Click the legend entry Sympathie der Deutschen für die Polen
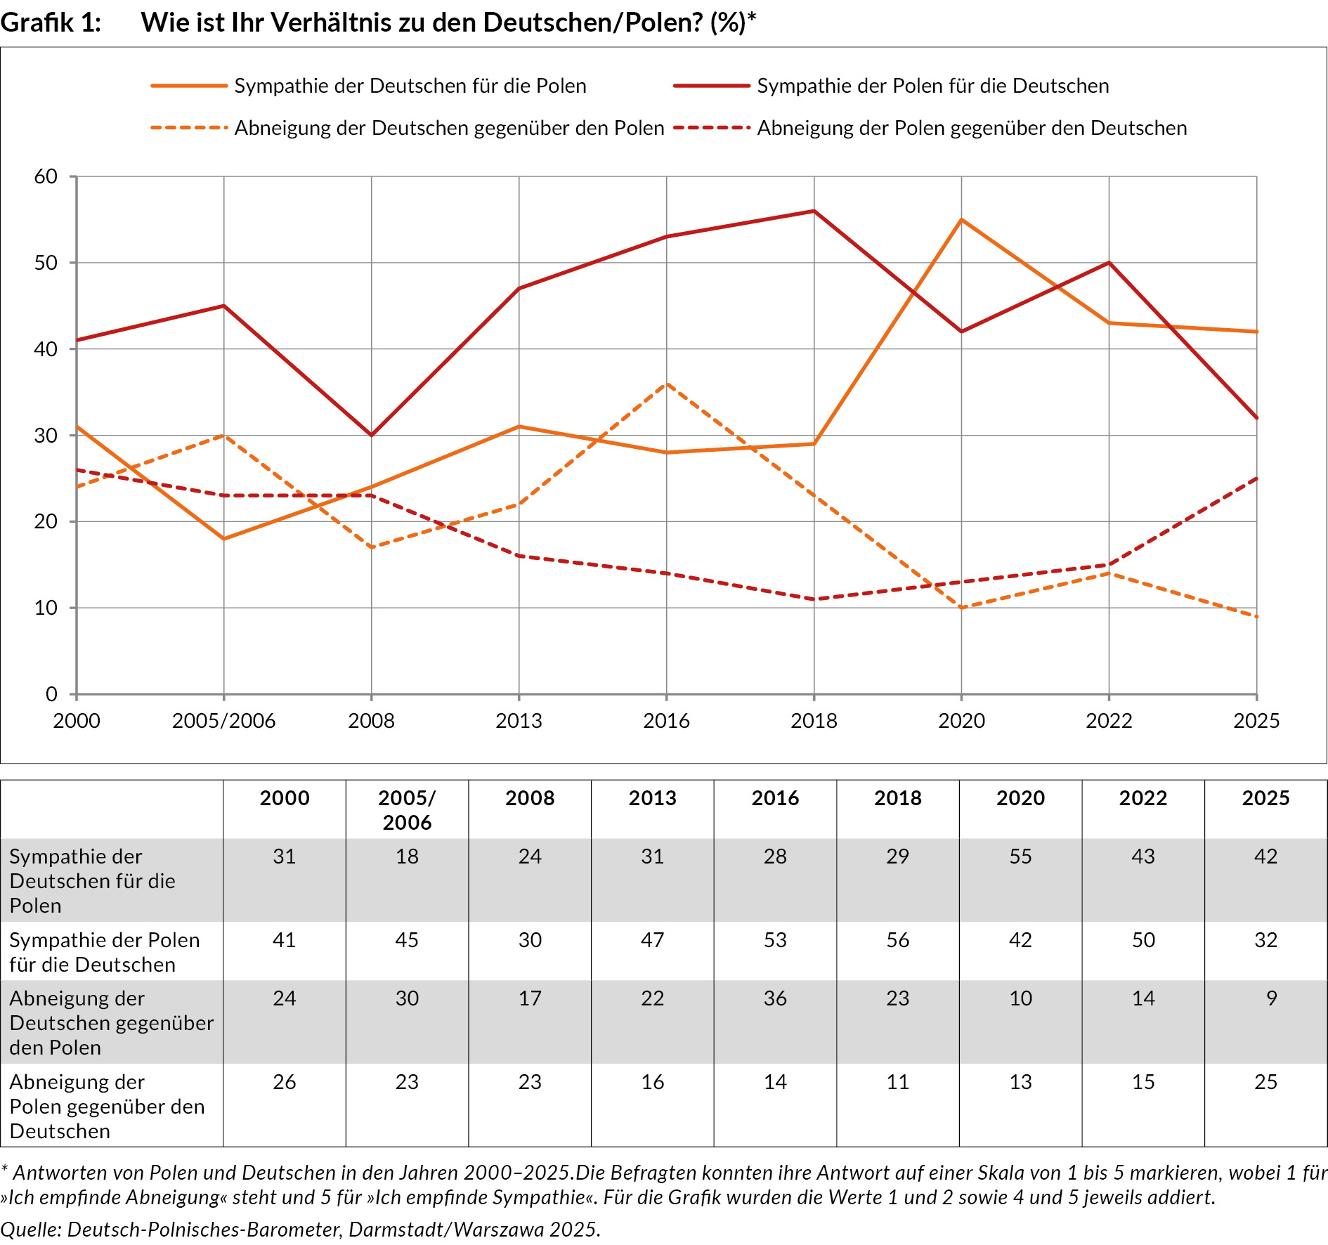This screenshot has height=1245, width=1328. point(410,86)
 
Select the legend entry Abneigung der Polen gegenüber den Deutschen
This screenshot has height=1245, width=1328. point(971,128)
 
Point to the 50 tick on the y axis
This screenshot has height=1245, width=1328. point(46,263)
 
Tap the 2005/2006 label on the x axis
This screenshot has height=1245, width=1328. point(223,721)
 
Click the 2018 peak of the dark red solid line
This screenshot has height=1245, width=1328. point(814,211)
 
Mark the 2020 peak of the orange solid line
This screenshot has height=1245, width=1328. point(961,220)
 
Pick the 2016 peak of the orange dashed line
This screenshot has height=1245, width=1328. point(666,384)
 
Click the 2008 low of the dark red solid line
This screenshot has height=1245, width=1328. point(371,435)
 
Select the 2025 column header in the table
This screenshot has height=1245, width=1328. point(1265,798)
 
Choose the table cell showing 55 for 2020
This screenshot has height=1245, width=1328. point(1020,856)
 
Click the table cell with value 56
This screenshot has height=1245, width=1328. point(897,940)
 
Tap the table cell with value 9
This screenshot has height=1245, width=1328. point(1271,998)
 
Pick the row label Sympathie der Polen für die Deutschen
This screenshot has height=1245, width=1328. point(104,952)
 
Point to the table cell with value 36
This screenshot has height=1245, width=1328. point(775,998)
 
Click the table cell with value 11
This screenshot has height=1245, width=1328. point(897,1082)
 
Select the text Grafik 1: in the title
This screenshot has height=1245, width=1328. point(51,22)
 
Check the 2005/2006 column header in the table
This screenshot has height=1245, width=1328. point(407,810)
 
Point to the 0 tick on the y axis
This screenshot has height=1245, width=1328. point(51,694)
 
